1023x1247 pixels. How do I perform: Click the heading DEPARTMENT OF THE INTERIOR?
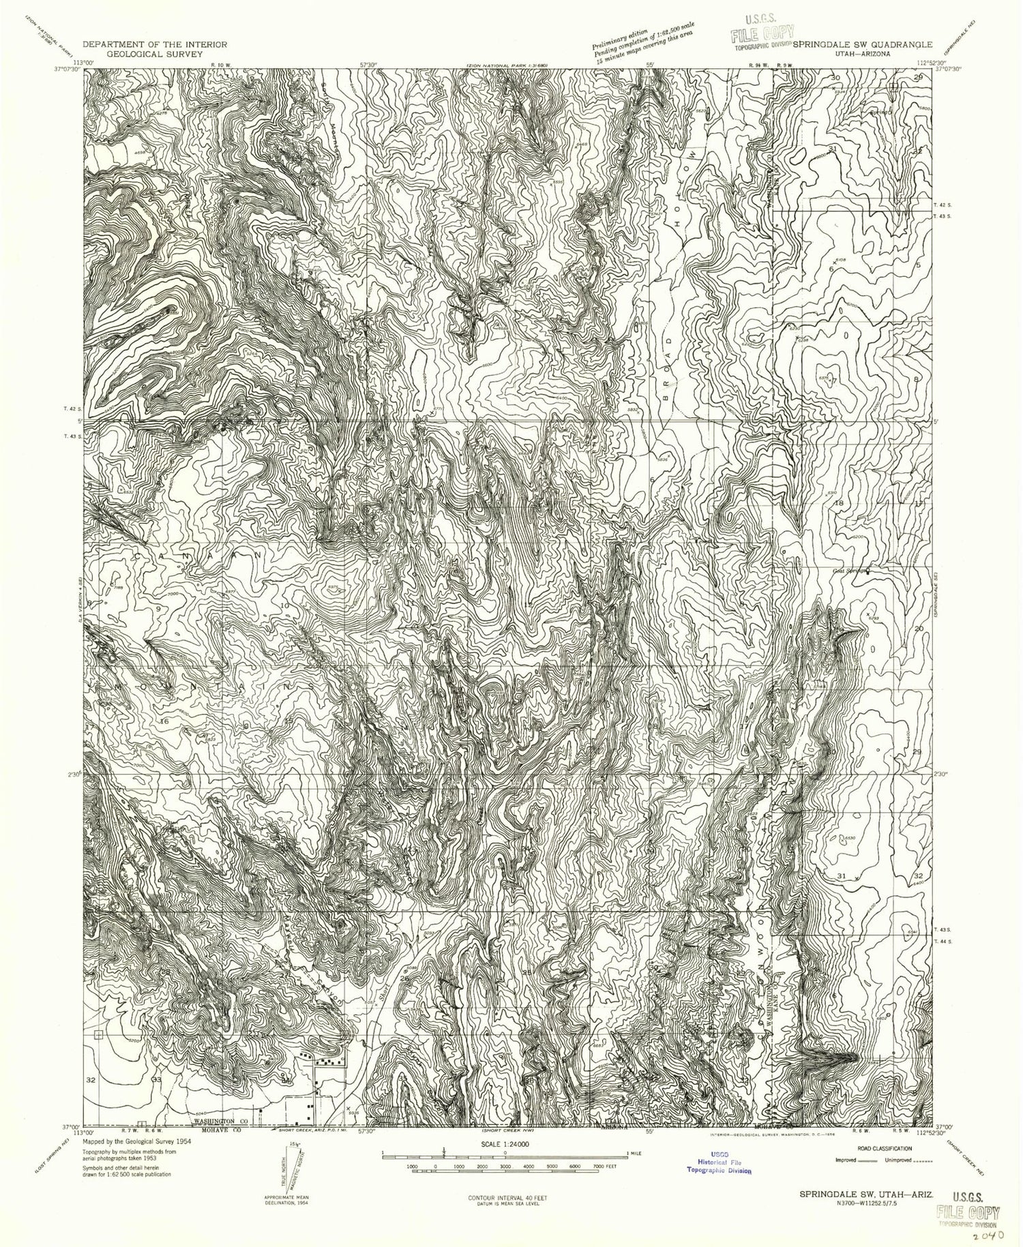(x=155, y=44)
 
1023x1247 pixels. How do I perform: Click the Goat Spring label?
(x=848, y=571)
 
